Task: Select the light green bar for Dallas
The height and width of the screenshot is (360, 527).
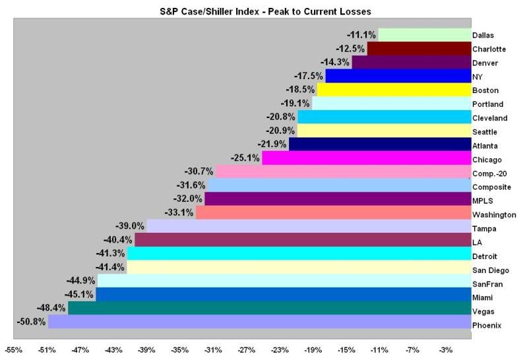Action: (x=424, y=35)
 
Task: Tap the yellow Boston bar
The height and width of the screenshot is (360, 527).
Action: (x=394, y=90)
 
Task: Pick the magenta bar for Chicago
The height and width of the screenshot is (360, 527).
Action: (x=366, y=158)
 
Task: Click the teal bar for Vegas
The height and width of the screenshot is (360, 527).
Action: (x=269, y=308)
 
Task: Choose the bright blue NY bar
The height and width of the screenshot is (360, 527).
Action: (x=398, y=76)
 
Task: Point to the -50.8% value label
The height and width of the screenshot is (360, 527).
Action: (x=31, y=322)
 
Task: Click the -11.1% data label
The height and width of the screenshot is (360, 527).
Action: (x=361, y=35)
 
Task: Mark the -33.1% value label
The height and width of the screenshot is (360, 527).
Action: (x=179, y=213)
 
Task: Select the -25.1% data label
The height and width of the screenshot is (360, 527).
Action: (x=245, y=158)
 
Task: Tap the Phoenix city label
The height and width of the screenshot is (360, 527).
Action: (x=487, y=325)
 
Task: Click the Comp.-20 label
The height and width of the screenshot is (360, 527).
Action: (x=489, y=173)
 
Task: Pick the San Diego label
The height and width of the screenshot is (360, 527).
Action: (x=490, y=270)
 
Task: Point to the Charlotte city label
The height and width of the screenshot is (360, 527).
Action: (x=489, y=49)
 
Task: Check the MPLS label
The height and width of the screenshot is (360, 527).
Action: (x=483, y=200)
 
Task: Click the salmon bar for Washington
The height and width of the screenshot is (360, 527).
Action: (x=333, y=213)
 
